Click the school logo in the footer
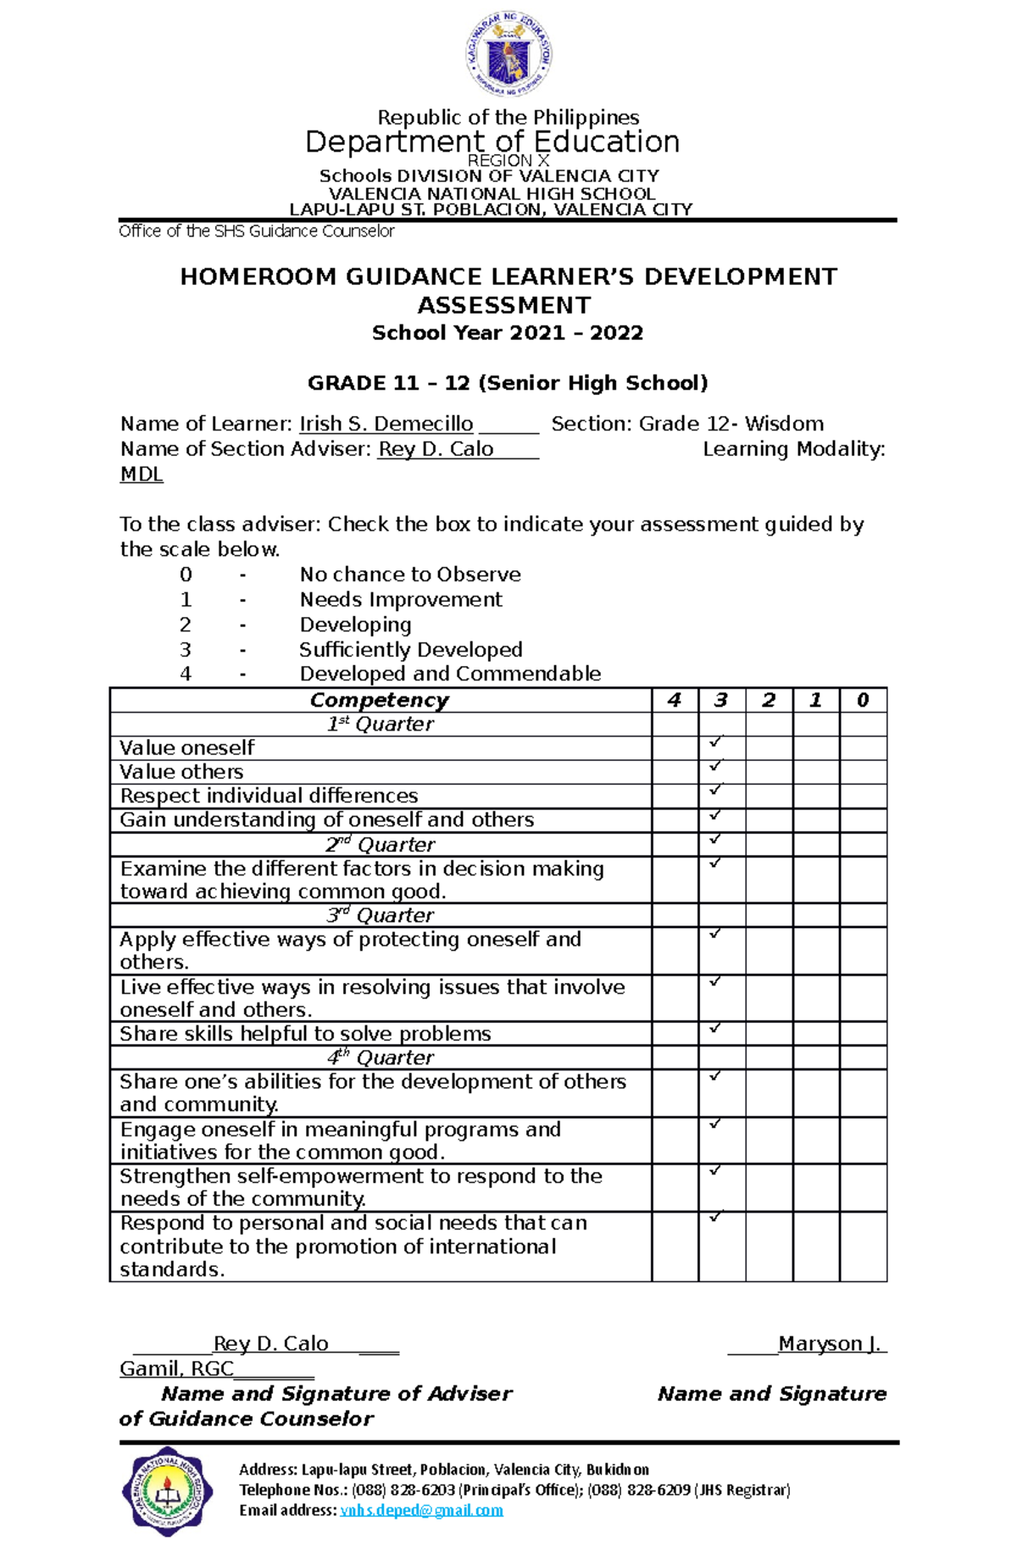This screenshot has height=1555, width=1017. tap(167, 1491)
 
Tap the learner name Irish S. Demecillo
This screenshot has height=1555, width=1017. tap(386, 424)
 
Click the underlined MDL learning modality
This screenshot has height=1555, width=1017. tap(142, 475)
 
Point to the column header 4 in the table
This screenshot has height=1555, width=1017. tap(675, 700)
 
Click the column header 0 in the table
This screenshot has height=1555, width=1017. tap(863, 700)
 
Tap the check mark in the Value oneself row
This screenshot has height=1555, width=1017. tap(715, 742)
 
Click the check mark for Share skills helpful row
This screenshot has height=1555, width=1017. tap(715, 1028)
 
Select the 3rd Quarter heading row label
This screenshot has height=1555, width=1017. tap(381, 915)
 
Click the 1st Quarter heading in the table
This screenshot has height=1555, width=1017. tap(381, 725)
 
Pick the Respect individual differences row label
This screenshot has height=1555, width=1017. tap(269, 796)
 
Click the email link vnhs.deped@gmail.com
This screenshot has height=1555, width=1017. tap(421, 1510)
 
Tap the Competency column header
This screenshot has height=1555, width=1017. tap(379, 700)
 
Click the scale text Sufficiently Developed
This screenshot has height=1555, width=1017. tap(410, 650)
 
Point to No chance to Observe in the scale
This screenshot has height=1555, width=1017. tap(410, 575)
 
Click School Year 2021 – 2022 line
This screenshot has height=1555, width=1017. tap(508, 333)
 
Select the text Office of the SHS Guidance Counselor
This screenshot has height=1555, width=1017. tap(257, 231)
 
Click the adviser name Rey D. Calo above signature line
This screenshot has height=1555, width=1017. tap(270, 1344)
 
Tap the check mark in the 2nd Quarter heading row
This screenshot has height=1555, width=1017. tap(715, 839)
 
